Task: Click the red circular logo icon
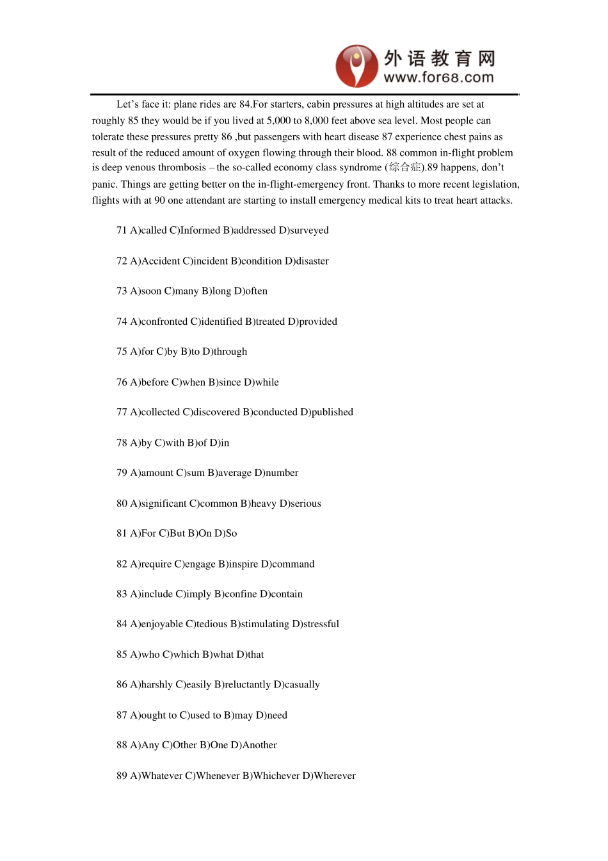coord(356,66)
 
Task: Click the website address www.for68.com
coord(438,78)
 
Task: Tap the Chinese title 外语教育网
coord(439,58)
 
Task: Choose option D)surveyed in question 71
coord(304,231)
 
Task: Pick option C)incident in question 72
coord(205,261)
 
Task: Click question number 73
coord(122,291)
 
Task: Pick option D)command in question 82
coord(287,564)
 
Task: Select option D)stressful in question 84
coord(316,624)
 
